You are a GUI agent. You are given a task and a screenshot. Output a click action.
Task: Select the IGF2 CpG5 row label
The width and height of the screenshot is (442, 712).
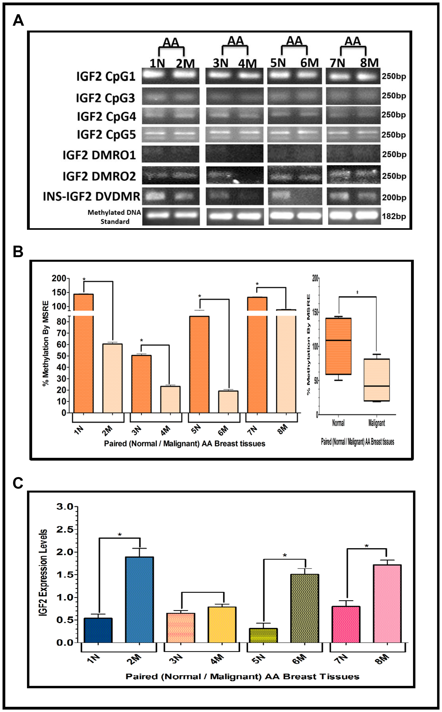tap(106, 135)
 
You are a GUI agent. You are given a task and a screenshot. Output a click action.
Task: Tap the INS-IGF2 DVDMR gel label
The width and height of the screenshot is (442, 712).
tap(91, 196)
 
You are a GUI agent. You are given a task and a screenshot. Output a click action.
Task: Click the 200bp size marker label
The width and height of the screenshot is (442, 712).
tap(394, 198)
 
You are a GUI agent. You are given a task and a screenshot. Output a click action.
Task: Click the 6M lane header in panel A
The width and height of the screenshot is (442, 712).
tap(309, 63)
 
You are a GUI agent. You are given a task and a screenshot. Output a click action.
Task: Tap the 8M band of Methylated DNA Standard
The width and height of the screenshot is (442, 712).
tap(368, 216)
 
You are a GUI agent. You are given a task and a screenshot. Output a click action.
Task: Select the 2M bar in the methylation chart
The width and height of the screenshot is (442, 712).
tap(112, 378)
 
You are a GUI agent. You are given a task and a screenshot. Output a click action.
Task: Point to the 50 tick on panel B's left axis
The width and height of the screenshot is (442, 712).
tap(61, 356)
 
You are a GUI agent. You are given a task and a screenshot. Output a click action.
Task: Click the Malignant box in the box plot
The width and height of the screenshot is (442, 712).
tap(377, 380)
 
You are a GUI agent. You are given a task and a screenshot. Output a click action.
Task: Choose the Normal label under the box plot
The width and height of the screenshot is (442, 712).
tap(338, 423)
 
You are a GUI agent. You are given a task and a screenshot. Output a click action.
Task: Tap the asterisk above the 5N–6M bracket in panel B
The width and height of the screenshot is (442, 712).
tap(200, 296)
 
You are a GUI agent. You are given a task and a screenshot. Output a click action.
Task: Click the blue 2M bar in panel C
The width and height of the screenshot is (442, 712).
tap(139, 600)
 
